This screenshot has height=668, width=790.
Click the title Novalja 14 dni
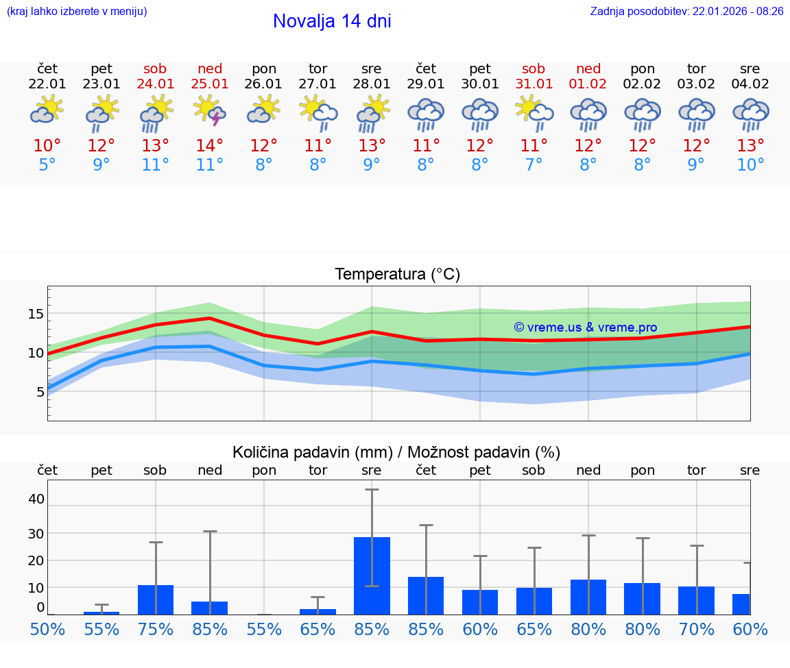tap(332, 21)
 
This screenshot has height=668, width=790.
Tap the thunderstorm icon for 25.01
tap(210, 111)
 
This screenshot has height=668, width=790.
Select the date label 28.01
tap(372, 84)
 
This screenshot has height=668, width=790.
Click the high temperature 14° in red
tap(210, 146)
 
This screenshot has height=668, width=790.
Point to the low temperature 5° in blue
tap(47, 164)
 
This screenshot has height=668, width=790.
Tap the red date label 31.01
tap(534, 84)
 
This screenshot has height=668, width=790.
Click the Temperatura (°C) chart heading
tap(397, 275)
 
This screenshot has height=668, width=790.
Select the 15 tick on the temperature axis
tap(36, 314)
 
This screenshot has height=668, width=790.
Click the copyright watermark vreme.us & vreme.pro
tap(585, 327)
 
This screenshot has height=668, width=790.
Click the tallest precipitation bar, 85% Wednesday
tap(372, 576)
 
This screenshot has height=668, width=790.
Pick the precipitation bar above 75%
tap(156, 599)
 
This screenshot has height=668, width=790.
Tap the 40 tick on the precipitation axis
tap(36, 499)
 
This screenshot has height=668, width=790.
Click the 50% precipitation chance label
tap(47, 629)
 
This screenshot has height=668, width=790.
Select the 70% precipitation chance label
tap(696, 629)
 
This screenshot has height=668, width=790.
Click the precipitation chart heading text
tap(396, 452)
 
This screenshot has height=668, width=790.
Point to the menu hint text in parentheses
tap(77, 11)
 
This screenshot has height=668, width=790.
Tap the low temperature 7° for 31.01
tap(534, 164)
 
